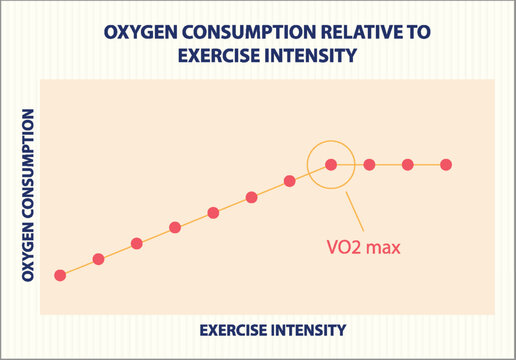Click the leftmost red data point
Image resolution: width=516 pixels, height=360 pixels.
tap(60, 275)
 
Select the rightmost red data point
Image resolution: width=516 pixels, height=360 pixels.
tap(446, 164)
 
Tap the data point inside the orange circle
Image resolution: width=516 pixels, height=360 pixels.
tap(331, 164)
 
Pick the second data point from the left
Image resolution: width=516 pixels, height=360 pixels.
tap(98, 259)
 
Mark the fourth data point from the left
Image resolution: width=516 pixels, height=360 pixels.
tap(175, 227)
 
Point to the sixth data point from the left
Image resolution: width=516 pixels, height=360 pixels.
tap(251, 197)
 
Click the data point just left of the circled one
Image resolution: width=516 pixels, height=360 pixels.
tap(289, 181)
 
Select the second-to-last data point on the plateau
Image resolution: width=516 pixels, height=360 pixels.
tap(408, 164)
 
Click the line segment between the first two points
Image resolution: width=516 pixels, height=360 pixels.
tap(79, 267)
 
